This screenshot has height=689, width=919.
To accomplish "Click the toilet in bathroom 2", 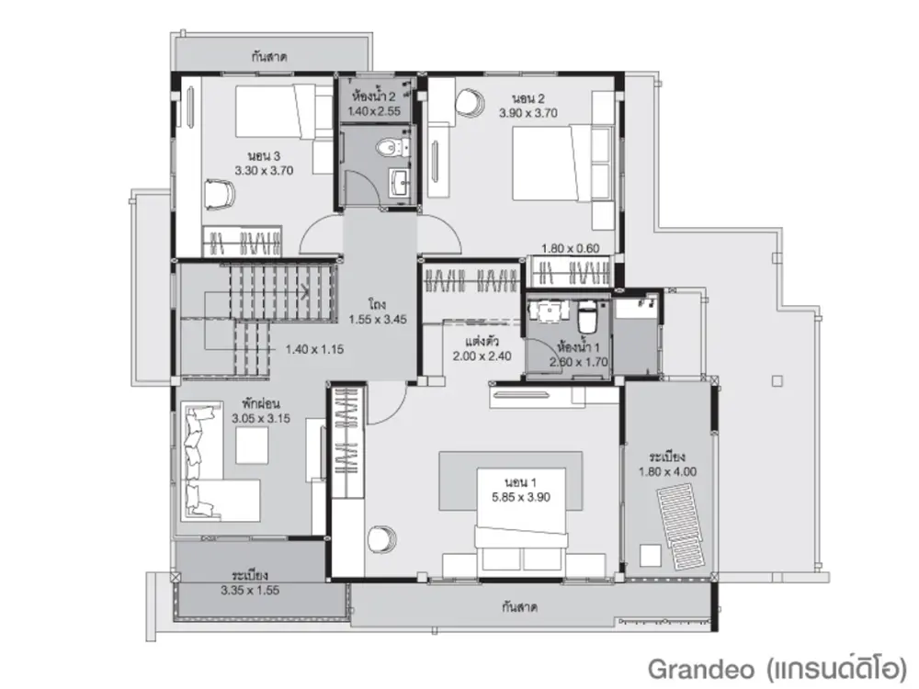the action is [x=390, y=147].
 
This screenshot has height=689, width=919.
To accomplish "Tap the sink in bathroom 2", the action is [x=402, y=180].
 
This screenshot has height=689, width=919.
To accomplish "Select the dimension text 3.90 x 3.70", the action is [x=528, y=113].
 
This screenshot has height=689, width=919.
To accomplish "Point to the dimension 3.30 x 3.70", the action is [x=264, y=171].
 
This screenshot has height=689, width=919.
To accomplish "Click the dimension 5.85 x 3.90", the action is [x=521, y=497].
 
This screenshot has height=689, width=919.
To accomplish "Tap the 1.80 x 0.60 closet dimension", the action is [x=571, y=248].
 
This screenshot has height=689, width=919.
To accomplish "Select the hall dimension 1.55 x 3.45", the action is [x=378, y=320].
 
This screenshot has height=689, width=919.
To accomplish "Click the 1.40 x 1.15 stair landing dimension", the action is [x=314, y=350].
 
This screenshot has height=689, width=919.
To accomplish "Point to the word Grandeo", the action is [x=703, y=669].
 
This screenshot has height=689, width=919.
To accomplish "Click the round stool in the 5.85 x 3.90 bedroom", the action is [x=382, y=538].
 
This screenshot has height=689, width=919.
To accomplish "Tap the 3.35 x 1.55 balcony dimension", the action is [x=250, y=591].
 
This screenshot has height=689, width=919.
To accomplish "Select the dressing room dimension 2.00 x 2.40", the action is [x=482, y=356].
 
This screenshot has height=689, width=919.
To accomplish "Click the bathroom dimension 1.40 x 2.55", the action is [x=374, y=111].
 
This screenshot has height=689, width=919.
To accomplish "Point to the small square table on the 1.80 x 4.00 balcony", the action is [x=650, y=556].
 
